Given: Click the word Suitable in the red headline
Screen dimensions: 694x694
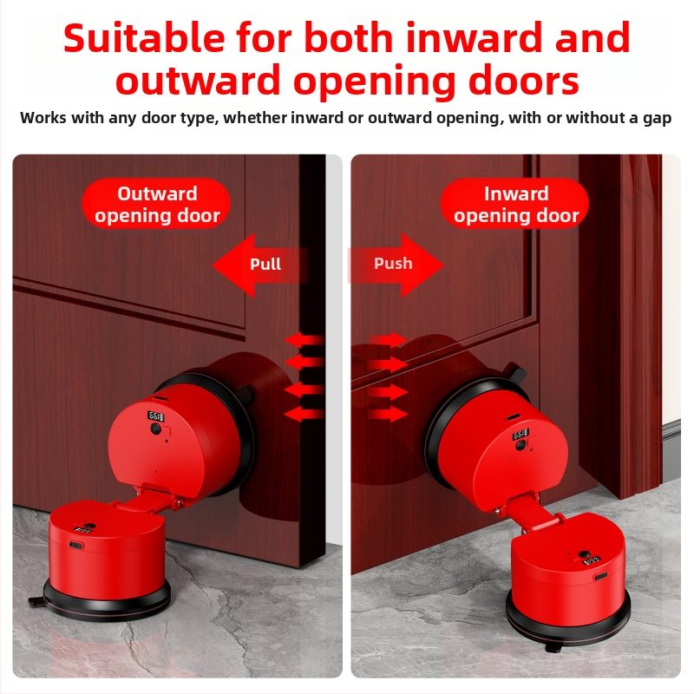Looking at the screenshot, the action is coord(144,37).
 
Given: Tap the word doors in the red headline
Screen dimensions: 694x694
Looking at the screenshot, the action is coord(524,82).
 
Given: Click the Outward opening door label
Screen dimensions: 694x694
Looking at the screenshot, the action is coord(157,204).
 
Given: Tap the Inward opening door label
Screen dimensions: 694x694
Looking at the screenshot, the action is coord(515,204).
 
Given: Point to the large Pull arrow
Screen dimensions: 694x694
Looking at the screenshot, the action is coord(259,265).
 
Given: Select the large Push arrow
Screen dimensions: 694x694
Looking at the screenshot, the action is coord(396,265).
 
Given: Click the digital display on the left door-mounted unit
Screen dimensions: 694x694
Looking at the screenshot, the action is coord(155,416).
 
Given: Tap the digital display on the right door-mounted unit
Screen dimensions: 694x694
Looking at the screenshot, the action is coord(520,435).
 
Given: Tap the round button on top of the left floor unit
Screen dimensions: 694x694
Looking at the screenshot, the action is coord(89,527).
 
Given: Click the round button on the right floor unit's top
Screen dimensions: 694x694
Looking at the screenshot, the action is coord(584,553).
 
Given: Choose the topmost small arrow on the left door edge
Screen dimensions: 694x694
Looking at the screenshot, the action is coord(304,340).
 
